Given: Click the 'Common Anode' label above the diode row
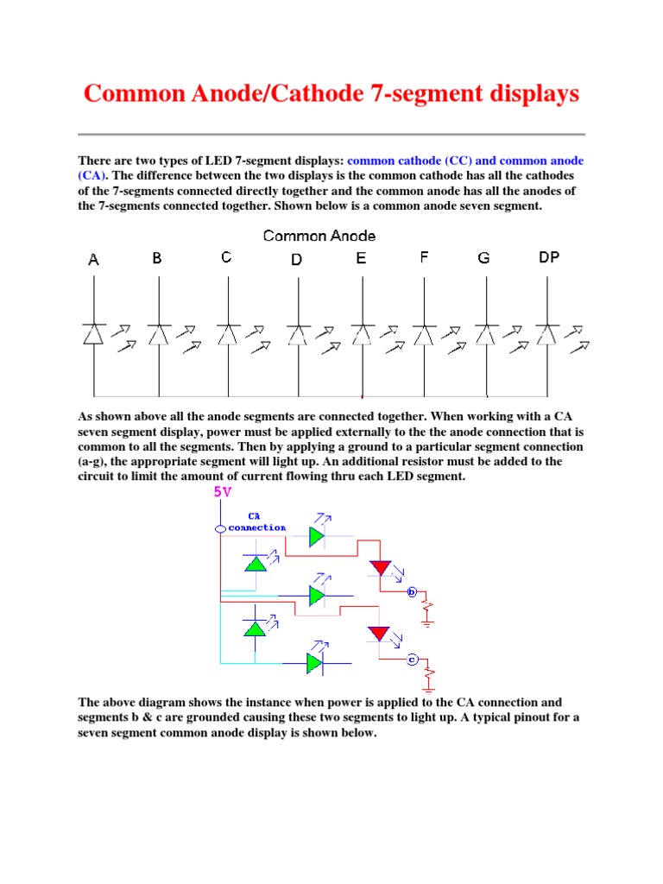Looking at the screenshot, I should pos(319,236).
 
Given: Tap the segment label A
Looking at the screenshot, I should pos(93,259).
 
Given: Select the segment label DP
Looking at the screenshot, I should pos(549,257).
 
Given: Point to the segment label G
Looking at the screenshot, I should pos(483,258).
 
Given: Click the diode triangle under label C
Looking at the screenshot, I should pos(227,334).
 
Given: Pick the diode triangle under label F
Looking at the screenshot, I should pos(424,334).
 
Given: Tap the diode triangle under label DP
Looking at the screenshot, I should pos(547,334).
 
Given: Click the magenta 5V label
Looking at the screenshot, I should pos(222,493).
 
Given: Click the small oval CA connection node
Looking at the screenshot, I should pos(221,528).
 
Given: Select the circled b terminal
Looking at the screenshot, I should pos(412,592).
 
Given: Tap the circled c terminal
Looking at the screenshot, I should pos(413,660).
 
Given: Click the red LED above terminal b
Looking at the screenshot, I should pos(380,568).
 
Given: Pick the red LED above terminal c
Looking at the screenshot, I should pos(380,635).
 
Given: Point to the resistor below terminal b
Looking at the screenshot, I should pos(426,609).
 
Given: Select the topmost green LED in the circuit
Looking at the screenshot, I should pos(317,536).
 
